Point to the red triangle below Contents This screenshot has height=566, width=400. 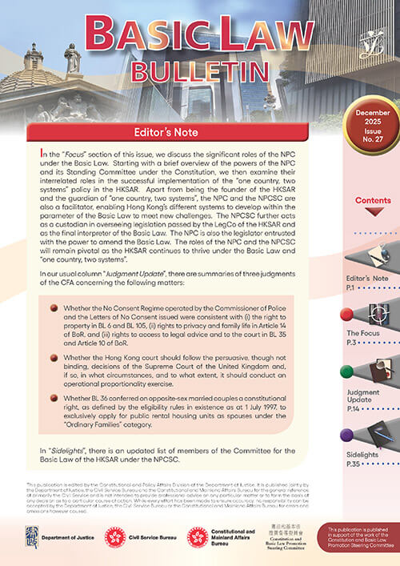372,213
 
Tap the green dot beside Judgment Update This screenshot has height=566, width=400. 346,373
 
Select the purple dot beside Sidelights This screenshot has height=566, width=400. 346,435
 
